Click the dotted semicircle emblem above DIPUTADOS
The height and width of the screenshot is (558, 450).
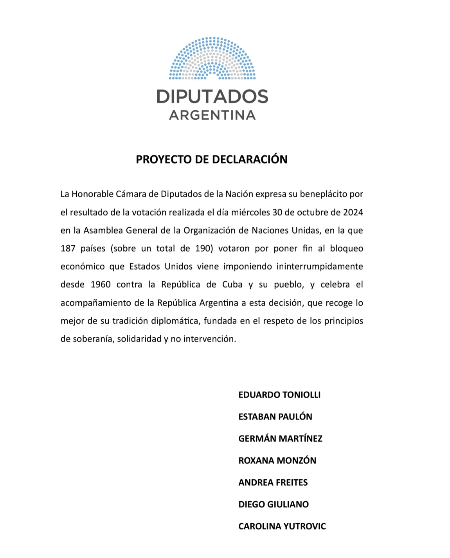[212, 59]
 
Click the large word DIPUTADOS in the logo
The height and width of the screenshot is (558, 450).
[212, 96]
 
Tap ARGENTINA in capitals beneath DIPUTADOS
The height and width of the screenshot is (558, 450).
[212, 115]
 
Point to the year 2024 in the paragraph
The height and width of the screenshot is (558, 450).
[353, 212]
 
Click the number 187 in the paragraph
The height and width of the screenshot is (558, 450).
[68, 248]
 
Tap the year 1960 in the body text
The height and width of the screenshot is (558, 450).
[101, 284]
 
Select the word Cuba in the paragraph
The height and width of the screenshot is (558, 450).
[232, 284]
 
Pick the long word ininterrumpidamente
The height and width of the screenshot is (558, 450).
[320, 266]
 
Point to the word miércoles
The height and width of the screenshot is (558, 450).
[250, 212]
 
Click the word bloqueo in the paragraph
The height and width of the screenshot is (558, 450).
[347, 248]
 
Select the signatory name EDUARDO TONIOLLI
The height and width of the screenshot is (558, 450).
[279, 395]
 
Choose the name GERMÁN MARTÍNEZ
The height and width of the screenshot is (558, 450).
[280, 439]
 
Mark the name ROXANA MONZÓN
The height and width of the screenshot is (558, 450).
[277, 461]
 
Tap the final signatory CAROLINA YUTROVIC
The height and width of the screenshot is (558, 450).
[282, 526]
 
